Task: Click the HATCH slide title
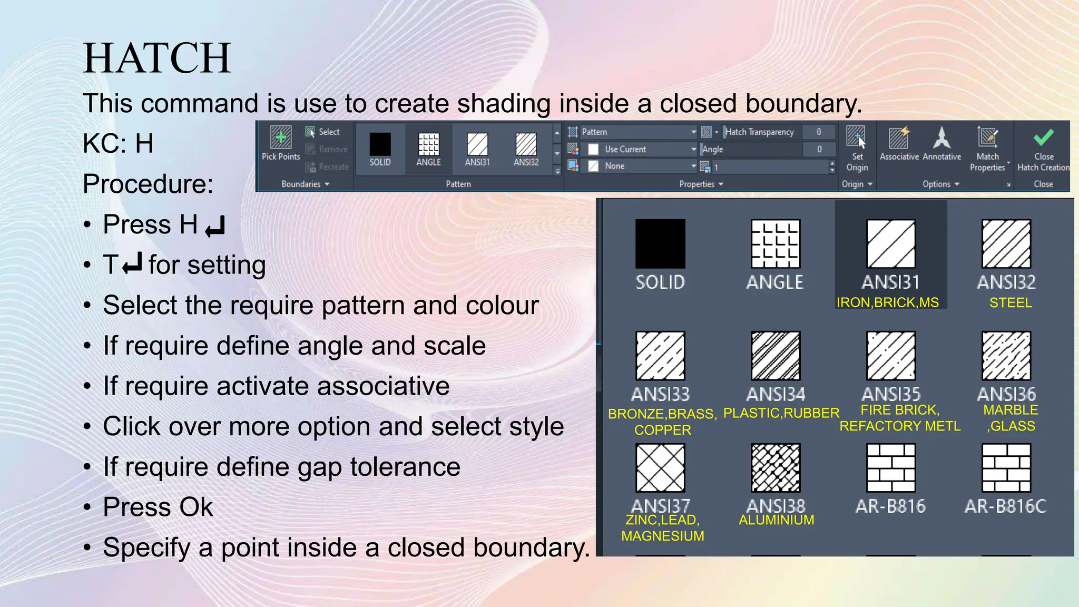coord(157,58)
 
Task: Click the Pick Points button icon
coord(281,138)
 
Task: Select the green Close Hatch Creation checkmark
coord(1043,138)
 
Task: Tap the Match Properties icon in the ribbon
coord(987,138)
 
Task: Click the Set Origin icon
coord(856,138)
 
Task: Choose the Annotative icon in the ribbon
coord(941,138)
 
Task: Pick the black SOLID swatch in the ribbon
coord(380,143)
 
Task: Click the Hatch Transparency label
coord(759,132)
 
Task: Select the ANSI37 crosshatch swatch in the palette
coord(660,468)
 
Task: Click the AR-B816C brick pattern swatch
coord(1006,468)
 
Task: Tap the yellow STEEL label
coord(1011,303)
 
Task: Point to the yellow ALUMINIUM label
coord(776,520)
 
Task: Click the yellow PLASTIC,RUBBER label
coord(781,413)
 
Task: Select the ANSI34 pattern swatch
coord(776,356)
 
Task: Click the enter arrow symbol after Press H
coord(215,226)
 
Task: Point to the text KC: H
coord(118,143)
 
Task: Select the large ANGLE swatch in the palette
coord(776,244)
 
